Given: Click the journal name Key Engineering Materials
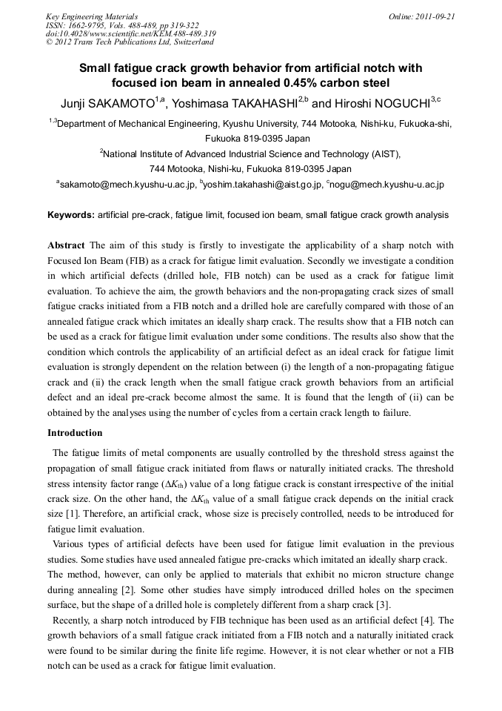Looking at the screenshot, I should pos(91,16).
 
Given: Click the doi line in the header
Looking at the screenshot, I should pos(131,34).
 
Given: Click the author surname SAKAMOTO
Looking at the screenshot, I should pos(118,103).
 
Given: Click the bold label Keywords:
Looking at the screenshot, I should pos(71,215).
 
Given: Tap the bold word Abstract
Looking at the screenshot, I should pos(67,245).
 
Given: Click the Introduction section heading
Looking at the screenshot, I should pos(75,432).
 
